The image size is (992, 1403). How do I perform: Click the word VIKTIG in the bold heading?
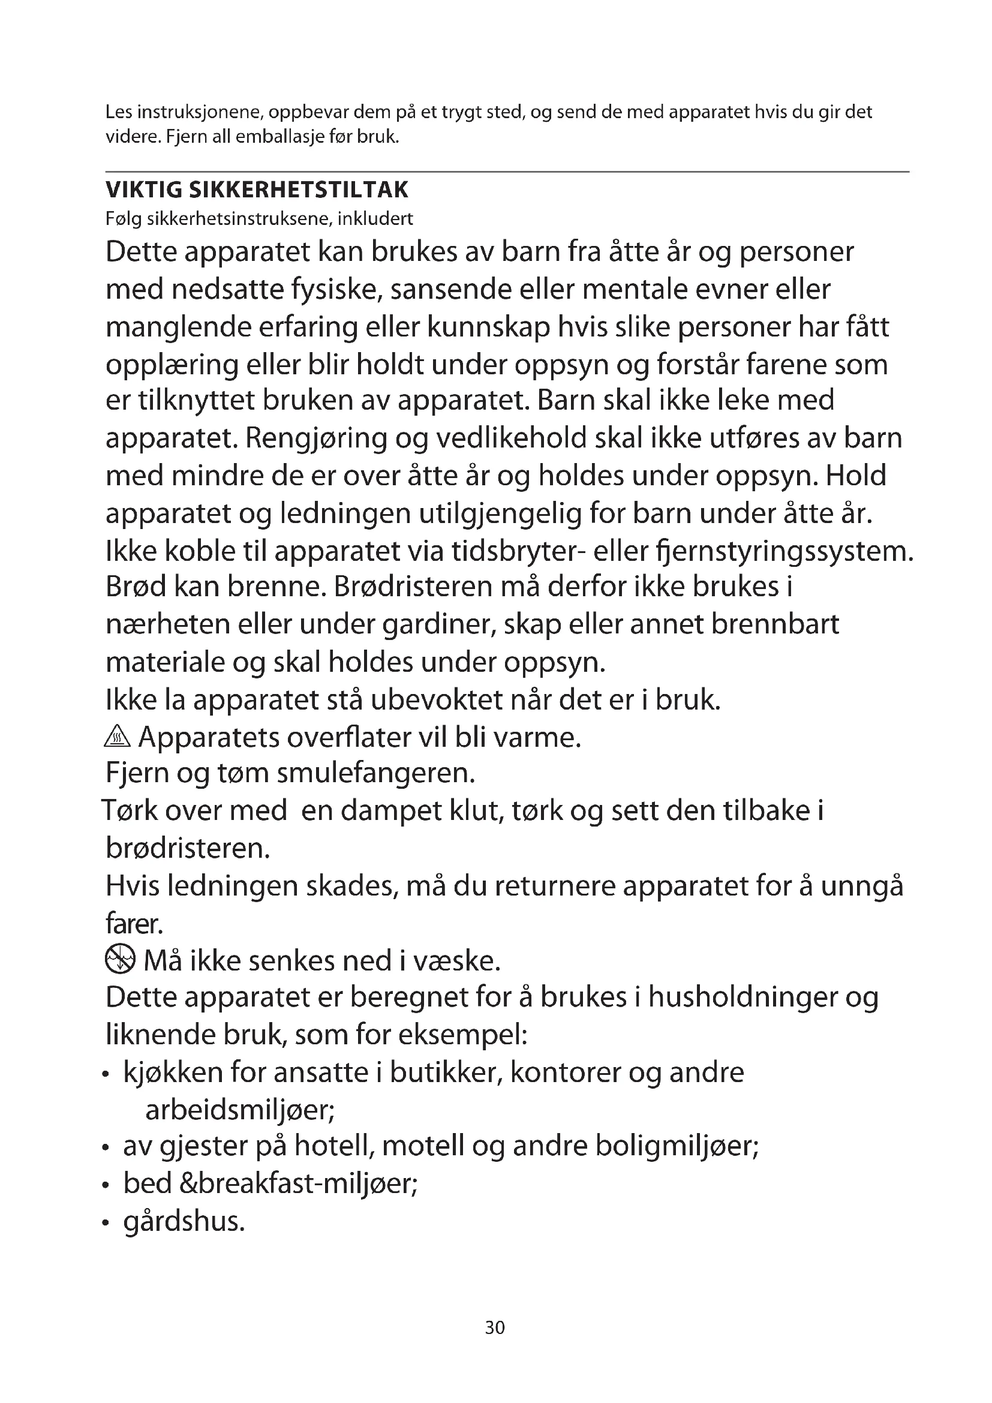click(143, 190)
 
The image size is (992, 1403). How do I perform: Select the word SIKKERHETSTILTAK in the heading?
click(299, 190)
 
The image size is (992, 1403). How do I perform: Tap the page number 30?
click(495, 1327)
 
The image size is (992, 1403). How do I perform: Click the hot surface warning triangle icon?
click(118, 738)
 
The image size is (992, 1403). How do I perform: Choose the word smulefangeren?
click(376, 774)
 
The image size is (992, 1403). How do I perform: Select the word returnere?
click(555, 886)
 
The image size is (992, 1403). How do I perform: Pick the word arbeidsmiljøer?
click(240, 1110)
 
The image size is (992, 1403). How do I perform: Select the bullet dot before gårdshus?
click(106, 1223)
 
